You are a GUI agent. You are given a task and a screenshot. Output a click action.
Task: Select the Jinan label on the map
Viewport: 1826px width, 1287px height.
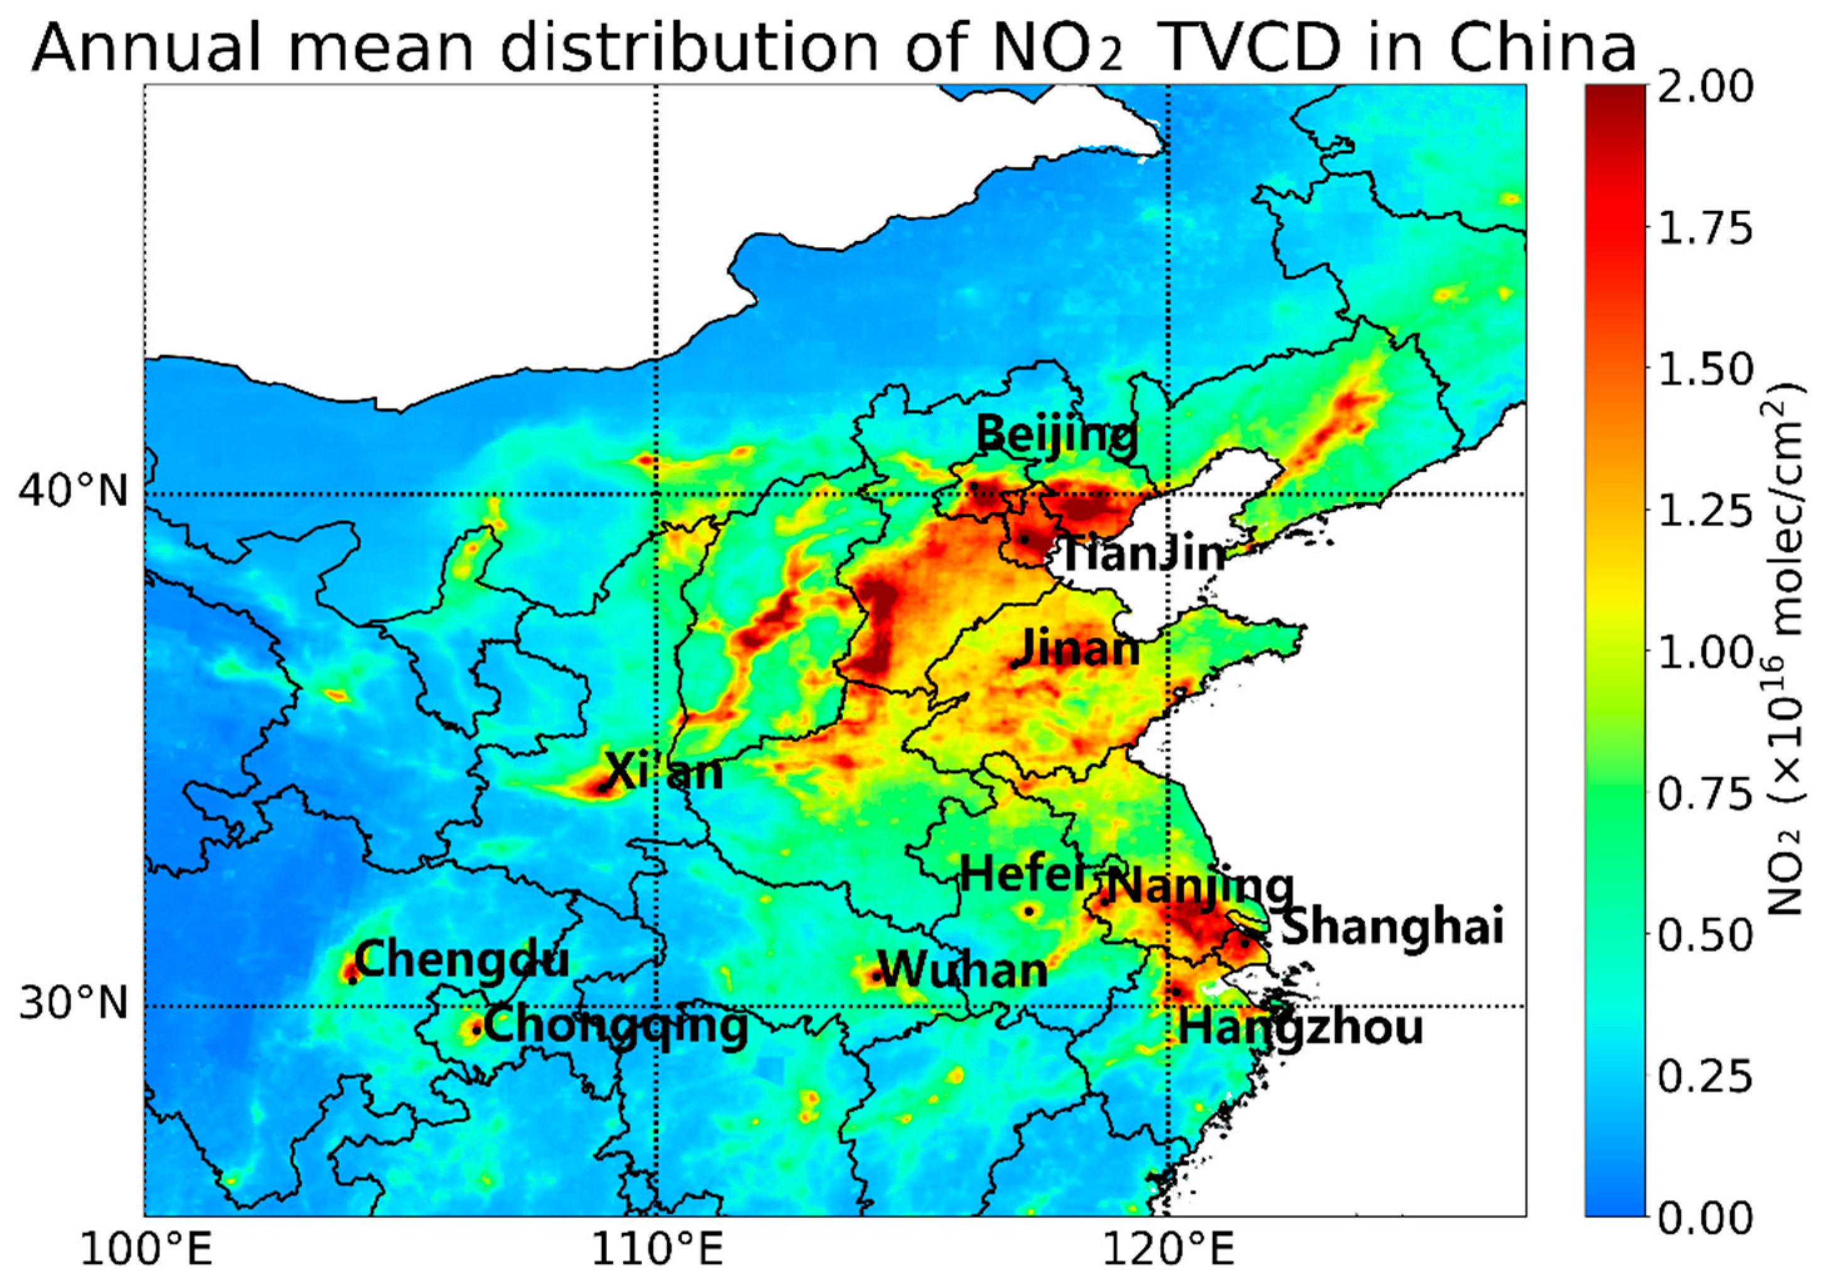pos(1080,649)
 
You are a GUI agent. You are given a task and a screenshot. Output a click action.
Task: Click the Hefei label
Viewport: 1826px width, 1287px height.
pos(1023,875)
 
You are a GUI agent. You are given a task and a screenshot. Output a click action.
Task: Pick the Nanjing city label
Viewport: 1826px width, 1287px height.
pos(1198,886)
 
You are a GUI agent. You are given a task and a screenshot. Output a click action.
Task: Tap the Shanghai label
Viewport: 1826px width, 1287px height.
pos(1392,927)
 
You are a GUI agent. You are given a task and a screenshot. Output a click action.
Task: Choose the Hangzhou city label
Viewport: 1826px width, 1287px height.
pos(1300,1028)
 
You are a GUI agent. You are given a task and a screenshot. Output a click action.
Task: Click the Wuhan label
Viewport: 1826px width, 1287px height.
pos(964,970)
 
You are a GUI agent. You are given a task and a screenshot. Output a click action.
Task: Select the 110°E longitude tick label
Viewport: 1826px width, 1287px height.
pos(657,1258)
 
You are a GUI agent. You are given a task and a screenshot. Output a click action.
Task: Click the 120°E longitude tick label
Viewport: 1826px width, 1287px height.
pos(1168,1258)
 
